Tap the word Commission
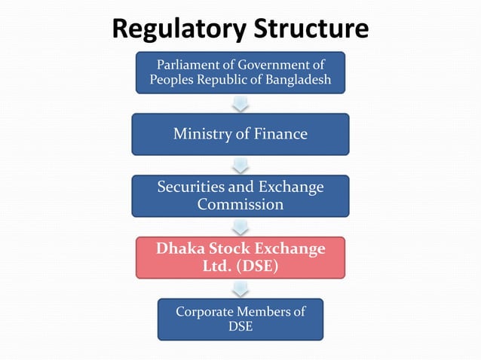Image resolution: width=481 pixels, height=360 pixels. point(240,204)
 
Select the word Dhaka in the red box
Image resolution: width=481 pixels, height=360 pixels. point(181,248)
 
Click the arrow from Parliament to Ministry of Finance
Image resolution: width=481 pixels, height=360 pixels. point(240,103)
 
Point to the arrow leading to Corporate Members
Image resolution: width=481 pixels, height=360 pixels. point(240,288)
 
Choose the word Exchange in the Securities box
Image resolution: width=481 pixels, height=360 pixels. point(291,187)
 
